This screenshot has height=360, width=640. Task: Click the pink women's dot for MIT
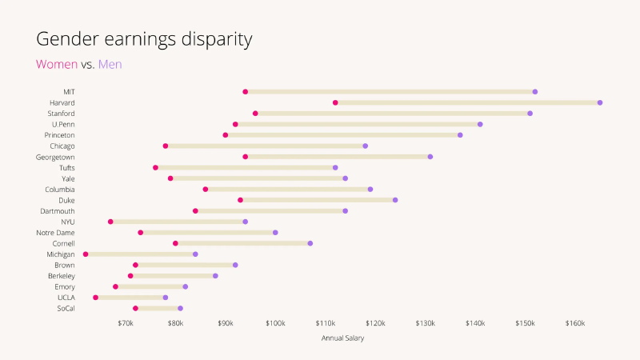pos(246,92)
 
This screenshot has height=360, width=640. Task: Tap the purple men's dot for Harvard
pos(600,103)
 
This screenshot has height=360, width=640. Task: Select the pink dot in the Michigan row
pos(86,254)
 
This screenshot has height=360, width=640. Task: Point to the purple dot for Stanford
pos(530,114)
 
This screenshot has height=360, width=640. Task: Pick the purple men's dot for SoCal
pos(181,308)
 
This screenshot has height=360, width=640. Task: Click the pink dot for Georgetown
pos(246,157)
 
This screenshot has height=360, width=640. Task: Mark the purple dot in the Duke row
pos(395,200)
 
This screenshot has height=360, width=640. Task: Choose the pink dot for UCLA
pos(96,298)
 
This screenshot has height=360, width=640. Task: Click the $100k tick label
pos(275,323)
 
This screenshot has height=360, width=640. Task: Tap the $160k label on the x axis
pos(575,323)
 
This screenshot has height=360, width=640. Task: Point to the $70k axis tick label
pos(126,323)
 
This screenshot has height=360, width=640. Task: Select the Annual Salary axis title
pos(342,338)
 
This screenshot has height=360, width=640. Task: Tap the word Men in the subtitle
pos(110,64)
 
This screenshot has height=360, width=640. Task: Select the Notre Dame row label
pos(56,233)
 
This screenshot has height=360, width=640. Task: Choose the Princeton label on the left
pos(60,135)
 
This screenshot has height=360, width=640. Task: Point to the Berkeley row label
pos(62,276)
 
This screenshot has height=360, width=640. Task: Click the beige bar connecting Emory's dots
pos(150,286)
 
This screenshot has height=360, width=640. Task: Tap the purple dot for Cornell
pos(310,243)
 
